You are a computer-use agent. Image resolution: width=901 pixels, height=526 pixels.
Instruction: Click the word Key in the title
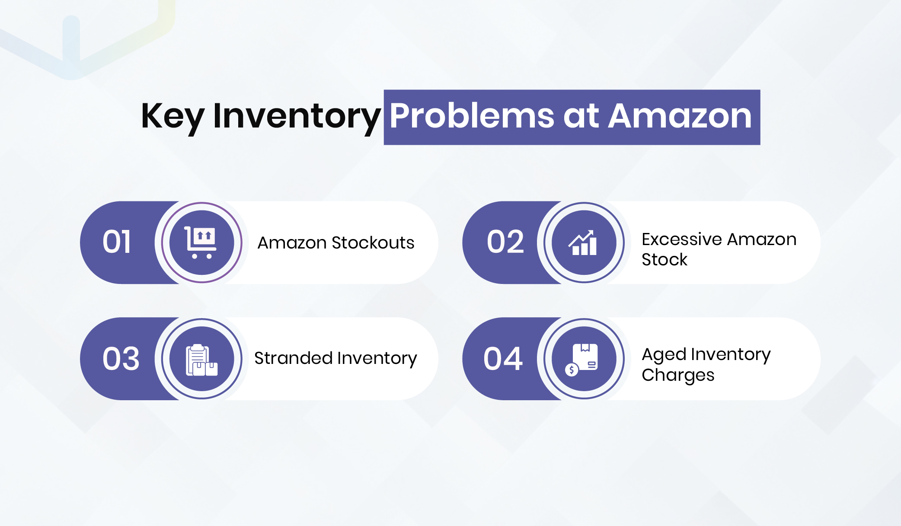(172, 116)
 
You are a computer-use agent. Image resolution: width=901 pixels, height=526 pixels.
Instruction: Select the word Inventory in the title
(297, 116)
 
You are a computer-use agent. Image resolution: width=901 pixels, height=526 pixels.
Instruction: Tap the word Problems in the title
(472, 116)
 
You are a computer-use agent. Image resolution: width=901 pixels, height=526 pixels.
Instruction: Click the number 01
(117, 242)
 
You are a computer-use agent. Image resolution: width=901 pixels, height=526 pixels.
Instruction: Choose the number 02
(505, 242)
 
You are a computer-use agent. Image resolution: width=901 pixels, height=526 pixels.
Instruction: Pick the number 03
(121, 359)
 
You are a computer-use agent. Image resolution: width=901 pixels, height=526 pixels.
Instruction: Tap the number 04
(503, 359)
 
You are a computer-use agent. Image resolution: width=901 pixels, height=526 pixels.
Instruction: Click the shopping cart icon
(201, 242)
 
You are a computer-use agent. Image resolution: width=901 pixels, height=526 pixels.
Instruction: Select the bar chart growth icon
(584, 243)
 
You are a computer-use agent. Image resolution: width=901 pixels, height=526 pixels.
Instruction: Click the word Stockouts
(373, 243)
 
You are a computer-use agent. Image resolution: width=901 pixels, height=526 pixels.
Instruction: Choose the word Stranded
(293, 358)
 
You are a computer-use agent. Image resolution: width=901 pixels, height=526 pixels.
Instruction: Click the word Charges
(677, 376)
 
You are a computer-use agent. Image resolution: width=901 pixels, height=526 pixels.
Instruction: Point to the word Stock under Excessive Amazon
(664, 260)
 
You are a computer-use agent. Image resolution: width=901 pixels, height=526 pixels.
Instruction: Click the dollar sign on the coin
(572, 370)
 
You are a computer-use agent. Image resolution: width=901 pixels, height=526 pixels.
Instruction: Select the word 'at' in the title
(581, 116)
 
